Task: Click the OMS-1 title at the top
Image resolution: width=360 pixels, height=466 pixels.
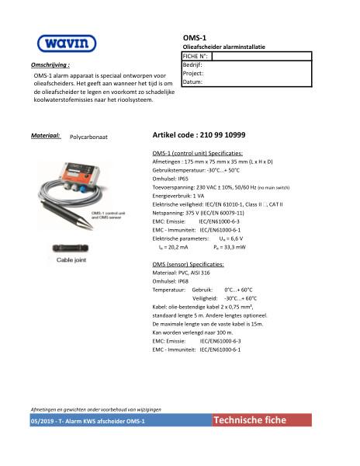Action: [x=193, y=37]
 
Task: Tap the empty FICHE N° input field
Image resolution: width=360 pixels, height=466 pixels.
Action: [x=261, y=56]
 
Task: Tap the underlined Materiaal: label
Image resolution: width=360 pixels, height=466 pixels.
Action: [x=46, y=135]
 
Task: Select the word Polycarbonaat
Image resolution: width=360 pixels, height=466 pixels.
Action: [x=88, y=136]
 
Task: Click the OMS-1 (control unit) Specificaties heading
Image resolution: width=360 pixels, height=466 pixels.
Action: [x=198, y=153]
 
